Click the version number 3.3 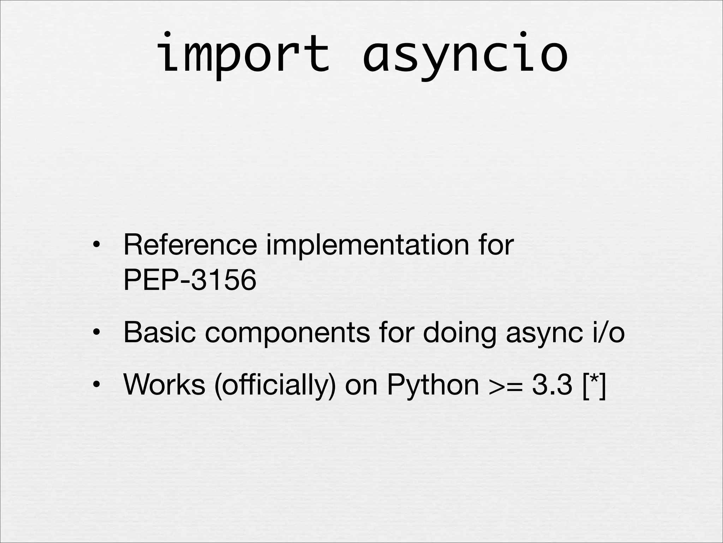(x=552, y=385)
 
